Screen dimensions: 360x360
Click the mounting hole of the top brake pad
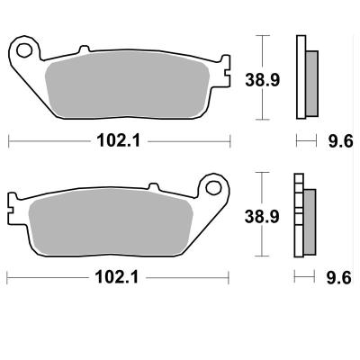tap(24, 50)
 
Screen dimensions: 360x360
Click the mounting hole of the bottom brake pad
tap(213, 187)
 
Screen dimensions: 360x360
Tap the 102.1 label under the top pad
tap(118, 140)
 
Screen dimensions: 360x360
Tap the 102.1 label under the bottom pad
tap(117, 277)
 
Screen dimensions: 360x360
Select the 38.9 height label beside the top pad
tap(262, 80)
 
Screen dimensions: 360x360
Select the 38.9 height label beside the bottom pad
tap(262, 217)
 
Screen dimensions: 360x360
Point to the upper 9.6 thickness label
tap(340, 140)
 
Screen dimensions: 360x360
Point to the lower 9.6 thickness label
tap(338, 277)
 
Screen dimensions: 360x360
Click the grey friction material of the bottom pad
tap(111, 222)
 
